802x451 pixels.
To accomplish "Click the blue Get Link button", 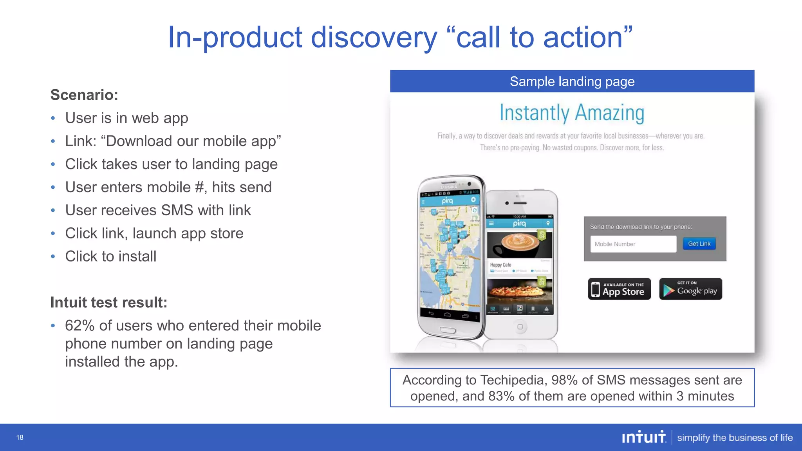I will pos(699,244).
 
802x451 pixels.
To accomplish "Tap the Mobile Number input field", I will pos(633,244).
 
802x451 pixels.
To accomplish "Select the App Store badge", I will pos(619,289).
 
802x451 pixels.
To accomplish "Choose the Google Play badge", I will pos(690,289).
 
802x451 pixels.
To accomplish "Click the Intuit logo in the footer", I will pos(644,437).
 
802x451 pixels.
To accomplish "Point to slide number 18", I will pos(20,437).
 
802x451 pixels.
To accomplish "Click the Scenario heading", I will pos(84,95).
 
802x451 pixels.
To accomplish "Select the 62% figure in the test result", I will pos(80,326).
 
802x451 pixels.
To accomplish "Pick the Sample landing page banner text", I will pos(572,81).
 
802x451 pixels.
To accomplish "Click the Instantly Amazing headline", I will pos(572,113).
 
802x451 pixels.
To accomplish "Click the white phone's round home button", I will pos(520,327).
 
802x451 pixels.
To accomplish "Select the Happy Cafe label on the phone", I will pos(500,265).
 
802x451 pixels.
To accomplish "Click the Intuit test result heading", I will pos(109,303).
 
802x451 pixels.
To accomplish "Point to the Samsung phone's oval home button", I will pos(448,330).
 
